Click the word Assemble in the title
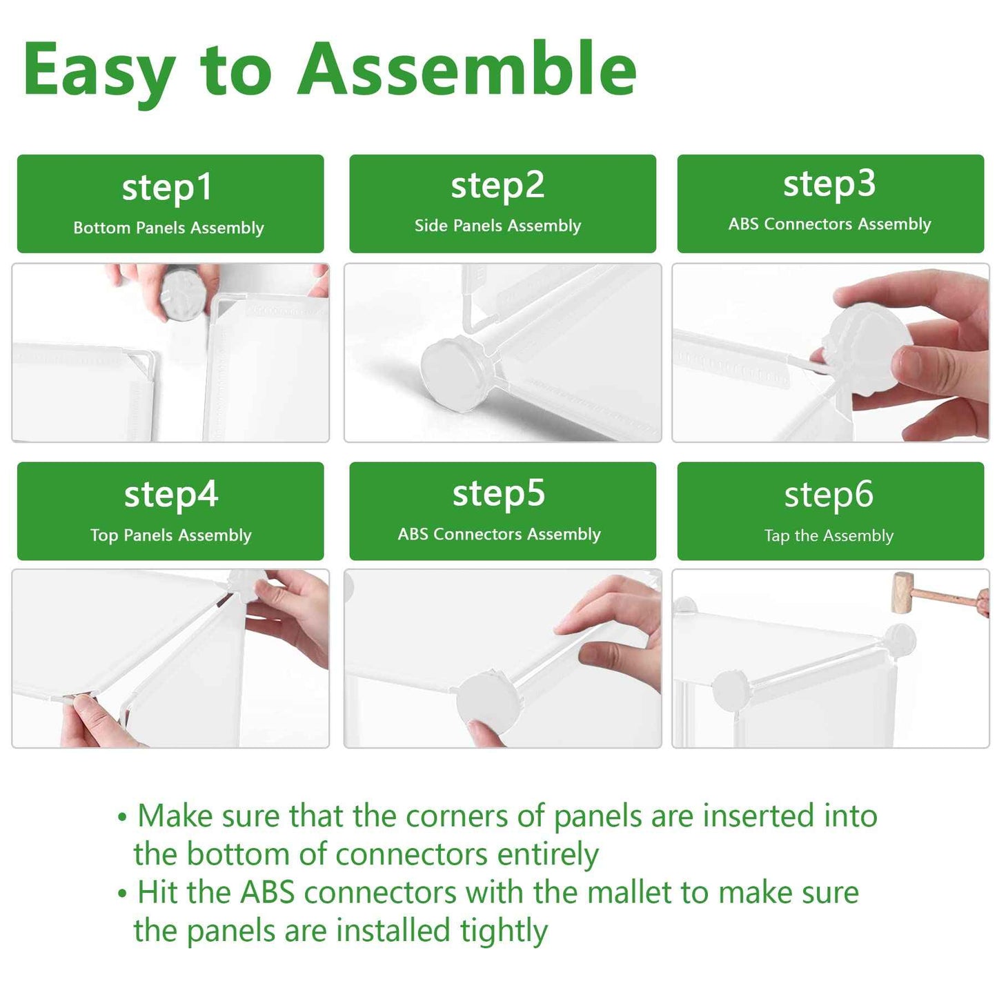[x=466, y=68]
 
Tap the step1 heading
[x=167, y=188]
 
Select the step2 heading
[x=497, y=186]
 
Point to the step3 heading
[x=829, y=184]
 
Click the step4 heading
[x=170, y=495]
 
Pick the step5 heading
[x=498, y=493]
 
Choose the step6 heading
[x=829, y=495]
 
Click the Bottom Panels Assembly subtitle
[x=168, y=228]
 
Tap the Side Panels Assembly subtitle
[x=497, y=226]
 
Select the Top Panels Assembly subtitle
[x=170, y=535]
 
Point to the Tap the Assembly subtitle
[x=829, y=535]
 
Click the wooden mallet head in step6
[x=902, y=593]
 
